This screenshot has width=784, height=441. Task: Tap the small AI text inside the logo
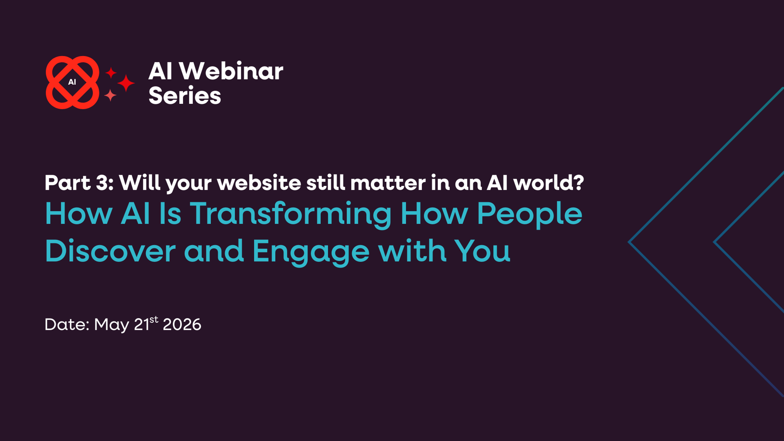pos(72,82)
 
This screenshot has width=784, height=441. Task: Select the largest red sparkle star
pos(126,83)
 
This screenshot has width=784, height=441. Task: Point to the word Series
pos(184,96)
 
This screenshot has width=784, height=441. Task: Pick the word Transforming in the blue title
pos(291,214)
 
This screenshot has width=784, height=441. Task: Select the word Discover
pos(110,251)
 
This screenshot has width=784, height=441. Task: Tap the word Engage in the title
pos(311,251)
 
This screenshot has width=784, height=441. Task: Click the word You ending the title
pos(482,251)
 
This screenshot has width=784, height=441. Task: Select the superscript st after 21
pos(154,320)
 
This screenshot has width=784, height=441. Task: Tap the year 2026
pos(182,324)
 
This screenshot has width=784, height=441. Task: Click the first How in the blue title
pos(79,214)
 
